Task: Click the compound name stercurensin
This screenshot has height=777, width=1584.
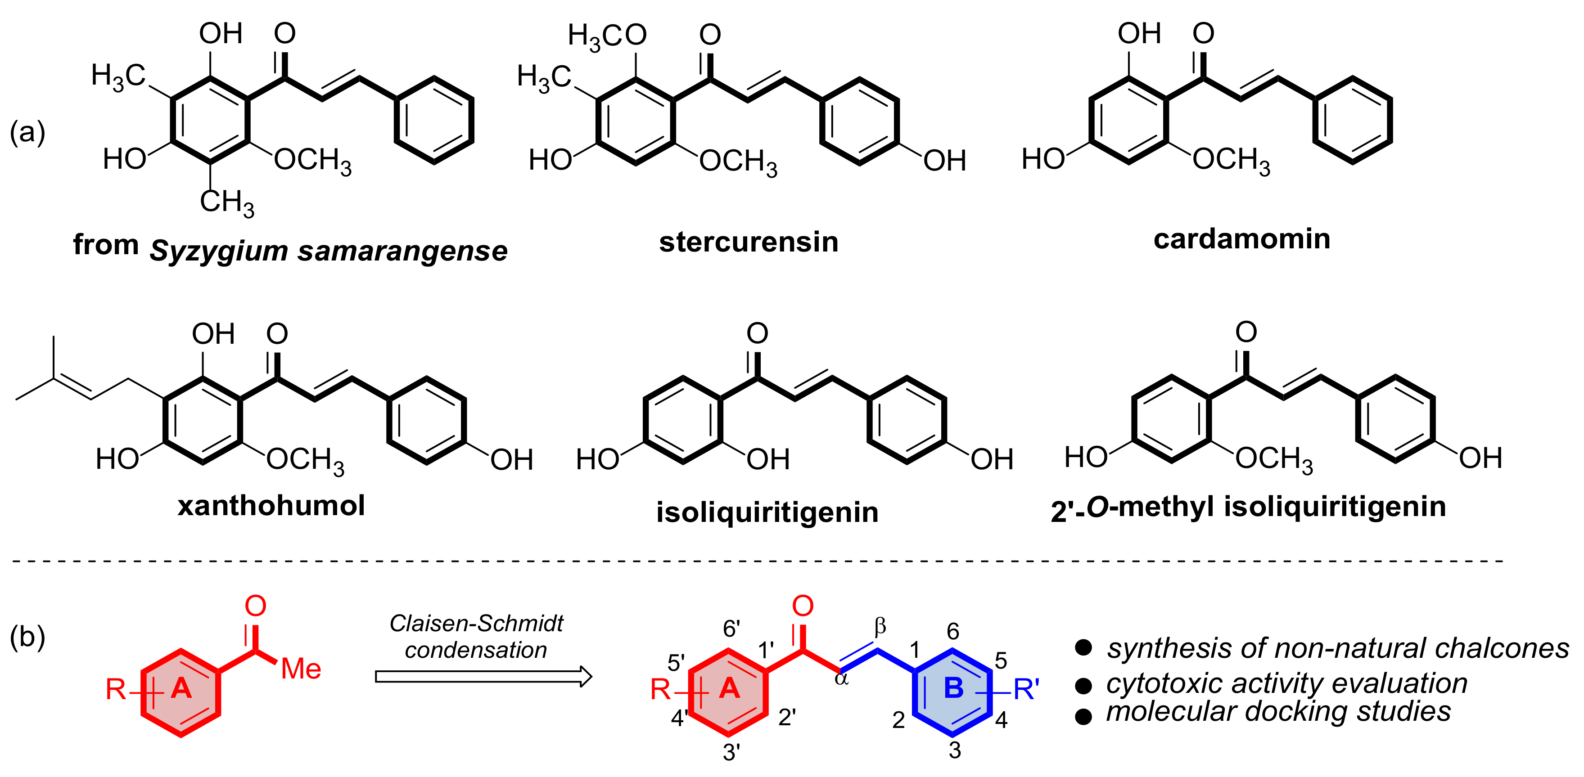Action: click(749, 242)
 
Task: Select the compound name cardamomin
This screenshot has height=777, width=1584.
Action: click(1241, 238)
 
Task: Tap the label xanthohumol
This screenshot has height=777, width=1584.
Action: click(271, 505)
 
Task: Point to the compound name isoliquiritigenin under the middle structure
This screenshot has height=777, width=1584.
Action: click(767, 512)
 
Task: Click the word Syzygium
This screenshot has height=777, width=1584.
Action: click(218, 251)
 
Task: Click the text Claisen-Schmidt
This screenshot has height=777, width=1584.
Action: click(477, 623)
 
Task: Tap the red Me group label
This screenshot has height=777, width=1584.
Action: click(301, 669)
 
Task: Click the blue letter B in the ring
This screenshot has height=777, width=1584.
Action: click(953, 688)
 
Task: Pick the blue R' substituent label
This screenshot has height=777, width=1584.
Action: click(1026, 690)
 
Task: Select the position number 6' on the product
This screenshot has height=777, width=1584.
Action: click(731, 629)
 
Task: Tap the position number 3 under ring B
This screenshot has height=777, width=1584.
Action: click(954, 750)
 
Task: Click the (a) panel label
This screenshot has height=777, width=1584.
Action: click(27, 132)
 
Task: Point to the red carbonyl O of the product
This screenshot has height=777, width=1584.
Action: click(803, 606)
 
